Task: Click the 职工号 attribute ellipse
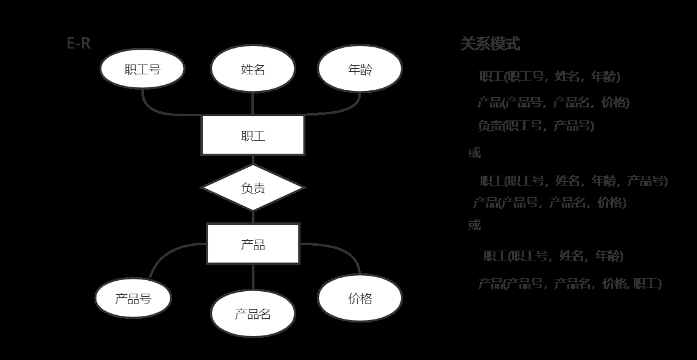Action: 142,69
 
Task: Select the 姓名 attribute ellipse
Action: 253,69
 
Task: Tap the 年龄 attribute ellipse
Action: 360,69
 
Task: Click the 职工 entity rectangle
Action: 253,135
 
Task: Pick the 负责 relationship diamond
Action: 253,187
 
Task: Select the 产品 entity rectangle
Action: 253,244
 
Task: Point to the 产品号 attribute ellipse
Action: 133,299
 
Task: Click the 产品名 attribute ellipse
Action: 253,314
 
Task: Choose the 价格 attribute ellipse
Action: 360,299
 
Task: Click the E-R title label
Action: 79,44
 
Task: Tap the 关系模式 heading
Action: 490,44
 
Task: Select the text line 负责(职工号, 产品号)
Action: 535,126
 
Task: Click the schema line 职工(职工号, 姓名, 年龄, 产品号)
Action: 573,181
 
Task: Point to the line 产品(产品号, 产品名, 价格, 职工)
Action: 570,283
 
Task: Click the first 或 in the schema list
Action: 475,153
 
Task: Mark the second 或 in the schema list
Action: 475,225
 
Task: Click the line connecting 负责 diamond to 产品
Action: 253,217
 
